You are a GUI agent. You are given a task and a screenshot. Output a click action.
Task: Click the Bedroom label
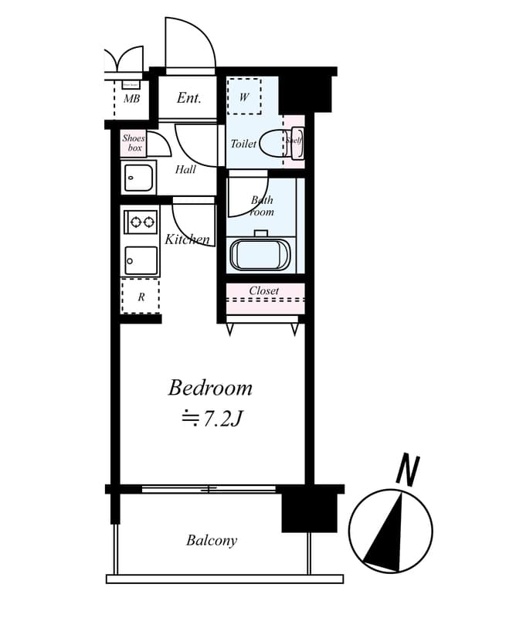click(210, 388)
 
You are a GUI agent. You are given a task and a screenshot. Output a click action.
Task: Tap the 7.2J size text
click(212, 419)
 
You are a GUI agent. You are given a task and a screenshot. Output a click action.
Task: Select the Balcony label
click(212, 541)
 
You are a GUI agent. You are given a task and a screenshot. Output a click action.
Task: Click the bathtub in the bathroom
click(260, 254)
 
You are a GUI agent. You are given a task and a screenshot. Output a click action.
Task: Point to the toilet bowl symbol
click(271, 144)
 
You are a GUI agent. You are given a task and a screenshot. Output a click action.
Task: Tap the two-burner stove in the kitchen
click(141, 222)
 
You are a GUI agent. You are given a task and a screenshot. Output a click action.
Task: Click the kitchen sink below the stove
click(141, 260)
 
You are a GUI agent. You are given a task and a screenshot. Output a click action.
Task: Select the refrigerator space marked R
click(141, 297)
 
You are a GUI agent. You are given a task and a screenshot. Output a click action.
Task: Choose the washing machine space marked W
click(244, 97)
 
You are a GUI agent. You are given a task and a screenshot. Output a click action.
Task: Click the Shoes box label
click(134, 143)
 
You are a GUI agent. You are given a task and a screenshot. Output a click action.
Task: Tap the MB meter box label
click(131, 99)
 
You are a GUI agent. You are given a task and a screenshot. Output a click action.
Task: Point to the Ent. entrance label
click(189, 98)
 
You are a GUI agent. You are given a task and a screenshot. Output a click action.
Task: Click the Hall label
click(185, 170)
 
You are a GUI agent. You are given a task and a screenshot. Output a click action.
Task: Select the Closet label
click(264, 291)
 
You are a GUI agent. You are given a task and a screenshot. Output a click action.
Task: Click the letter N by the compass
click(407, 470)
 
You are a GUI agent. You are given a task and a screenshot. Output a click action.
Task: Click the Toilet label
click(243, 144)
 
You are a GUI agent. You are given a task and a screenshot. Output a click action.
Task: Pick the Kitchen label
click(187, 239)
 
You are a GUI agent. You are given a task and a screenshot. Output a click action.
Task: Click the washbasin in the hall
click(139, 178)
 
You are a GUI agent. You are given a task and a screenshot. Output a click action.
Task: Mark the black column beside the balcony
click(309, 509)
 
